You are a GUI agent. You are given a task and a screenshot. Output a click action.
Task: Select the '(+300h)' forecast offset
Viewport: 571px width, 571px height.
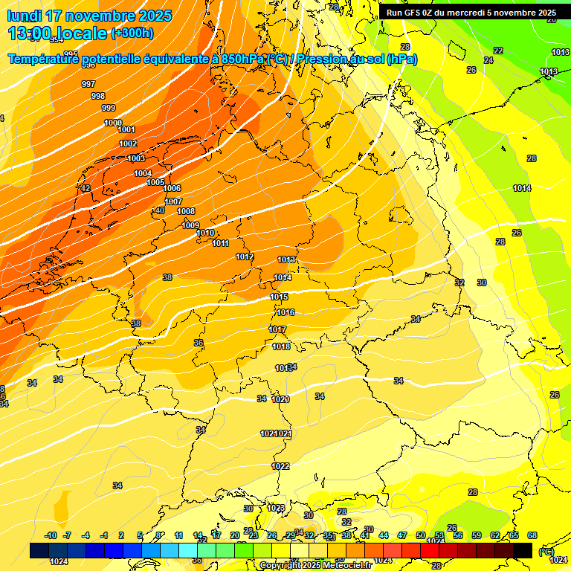[x=132, y=33]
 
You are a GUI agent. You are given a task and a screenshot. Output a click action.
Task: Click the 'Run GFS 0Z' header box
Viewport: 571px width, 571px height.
[x=471, y=13]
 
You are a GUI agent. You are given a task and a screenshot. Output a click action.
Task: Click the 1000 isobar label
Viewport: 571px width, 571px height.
[x=113, y=123]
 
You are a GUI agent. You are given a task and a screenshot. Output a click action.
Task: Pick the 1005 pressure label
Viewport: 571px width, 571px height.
[x=155, y=182]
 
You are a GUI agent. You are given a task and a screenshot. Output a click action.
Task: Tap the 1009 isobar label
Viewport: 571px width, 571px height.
[x=190, y=225]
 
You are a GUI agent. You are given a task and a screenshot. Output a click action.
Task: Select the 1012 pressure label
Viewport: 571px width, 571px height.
[x=245, y=257]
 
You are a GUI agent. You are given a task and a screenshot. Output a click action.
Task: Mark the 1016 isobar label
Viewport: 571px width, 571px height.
[x=285, y=312]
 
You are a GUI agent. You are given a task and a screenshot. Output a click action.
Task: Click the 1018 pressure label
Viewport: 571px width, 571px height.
[x=281, y=346]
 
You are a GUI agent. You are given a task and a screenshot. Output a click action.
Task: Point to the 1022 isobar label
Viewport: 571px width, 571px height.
[x=280, y=466]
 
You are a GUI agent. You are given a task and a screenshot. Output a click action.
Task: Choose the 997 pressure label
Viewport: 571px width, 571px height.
[x=88, y=84]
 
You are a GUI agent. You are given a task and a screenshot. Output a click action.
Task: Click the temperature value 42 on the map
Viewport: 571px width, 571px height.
[x=86, y=189]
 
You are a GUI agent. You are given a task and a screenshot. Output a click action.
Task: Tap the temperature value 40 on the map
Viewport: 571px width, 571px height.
[x=160, y=211]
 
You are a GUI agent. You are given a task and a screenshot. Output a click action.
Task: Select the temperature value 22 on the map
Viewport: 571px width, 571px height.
[x=498, y=51]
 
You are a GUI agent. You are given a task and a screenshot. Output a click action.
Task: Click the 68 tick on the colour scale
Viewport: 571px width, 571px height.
[x=532, y=535]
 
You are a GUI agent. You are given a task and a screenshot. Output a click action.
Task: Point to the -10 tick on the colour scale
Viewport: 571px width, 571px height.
[x=51, y=535]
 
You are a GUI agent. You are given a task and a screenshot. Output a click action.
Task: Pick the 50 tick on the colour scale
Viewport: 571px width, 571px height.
[x=421, y=535]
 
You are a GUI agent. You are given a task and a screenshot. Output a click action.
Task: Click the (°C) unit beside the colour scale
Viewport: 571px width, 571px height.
[x=546, y=552]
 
